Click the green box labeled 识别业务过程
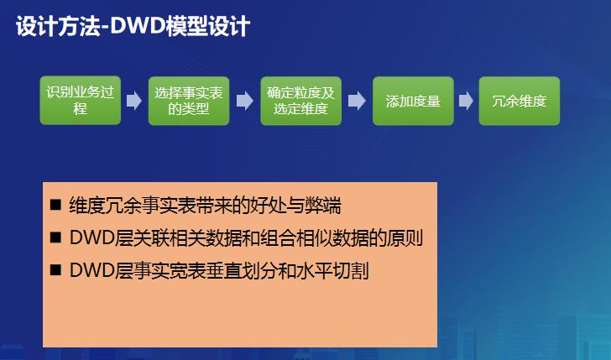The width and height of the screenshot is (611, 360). [x=81, y=101]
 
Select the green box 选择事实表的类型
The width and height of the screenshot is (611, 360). [x=188, y=101]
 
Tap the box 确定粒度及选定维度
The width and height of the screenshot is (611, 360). [x=300, y=101]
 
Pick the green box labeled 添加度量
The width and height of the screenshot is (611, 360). [x=413, y=101]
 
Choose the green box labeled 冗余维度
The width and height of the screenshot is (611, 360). [x=519, y=101]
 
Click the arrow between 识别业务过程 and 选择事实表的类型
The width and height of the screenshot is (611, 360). [x=134, y=101]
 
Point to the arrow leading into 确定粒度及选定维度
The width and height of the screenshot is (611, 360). [x=244, y=101]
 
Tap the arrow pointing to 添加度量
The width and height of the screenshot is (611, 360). [x=357, y=101]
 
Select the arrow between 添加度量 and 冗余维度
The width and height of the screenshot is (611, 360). [x=466, y=101]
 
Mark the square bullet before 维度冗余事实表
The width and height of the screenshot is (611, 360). [x=56, y=206]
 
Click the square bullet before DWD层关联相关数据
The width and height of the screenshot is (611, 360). [x=56, y=238]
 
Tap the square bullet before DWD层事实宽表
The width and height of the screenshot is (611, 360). [x=56, y=271]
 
